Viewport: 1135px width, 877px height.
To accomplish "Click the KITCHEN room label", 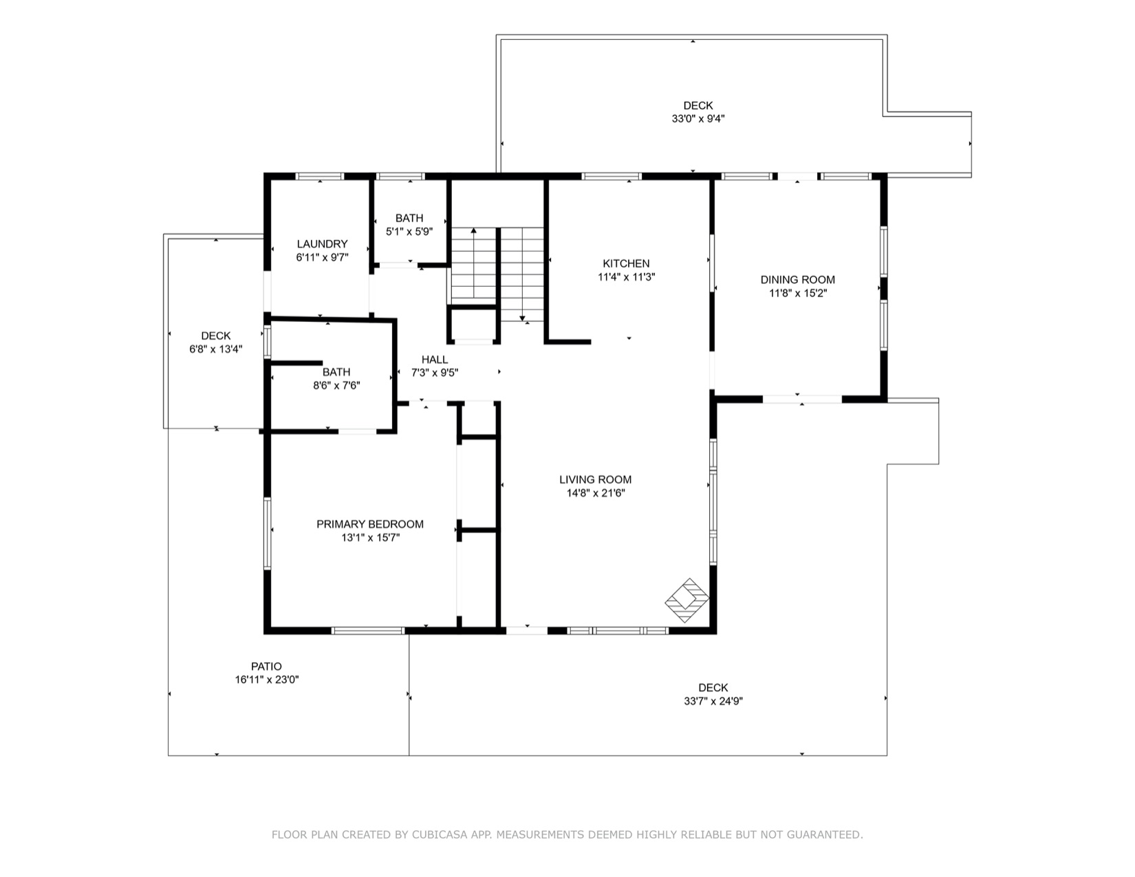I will (x=626, y=263).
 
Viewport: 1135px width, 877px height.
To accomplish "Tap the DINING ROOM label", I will (x=797, y=279).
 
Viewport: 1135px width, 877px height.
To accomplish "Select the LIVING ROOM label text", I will (x=595, y=479).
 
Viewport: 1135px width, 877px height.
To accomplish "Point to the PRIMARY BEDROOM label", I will (x=369, y=524).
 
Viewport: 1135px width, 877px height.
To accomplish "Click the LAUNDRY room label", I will (x=322, y=243).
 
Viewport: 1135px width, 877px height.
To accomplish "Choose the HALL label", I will (x=434, y=359).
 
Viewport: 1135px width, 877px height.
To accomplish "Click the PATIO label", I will (x=266, y=666).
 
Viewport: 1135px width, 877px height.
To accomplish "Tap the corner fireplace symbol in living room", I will (x=687, y=600).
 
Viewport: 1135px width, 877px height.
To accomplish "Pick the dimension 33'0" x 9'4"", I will (x=698, y=118).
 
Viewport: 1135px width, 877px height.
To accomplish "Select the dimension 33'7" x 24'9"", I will (x=713, y=701).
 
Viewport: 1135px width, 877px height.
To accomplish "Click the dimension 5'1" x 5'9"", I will (x=409, y=232).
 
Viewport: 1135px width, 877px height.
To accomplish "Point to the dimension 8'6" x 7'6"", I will (x=336, y=386).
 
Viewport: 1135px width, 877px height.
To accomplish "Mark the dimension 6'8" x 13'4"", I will (x=216, y=349).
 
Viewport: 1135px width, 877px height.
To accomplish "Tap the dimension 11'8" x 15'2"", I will (x=797, y=293).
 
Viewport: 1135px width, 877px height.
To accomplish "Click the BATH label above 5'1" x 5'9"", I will (x=409, y=218).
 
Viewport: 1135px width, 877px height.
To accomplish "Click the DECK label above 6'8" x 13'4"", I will (x=216, y=336).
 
